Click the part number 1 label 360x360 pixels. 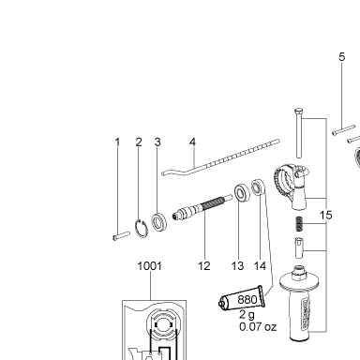117,142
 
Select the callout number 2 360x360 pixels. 139,142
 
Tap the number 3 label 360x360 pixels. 157,142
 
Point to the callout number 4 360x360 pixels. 192,142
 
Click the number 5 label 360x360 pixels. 342,57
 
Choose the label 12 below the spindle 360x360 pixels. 204,266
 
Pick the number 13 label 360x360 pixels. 237,266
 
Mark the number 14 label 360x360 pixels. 260,266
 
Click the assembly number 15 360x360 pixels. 325,215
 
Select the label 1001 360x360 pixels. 150,266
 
